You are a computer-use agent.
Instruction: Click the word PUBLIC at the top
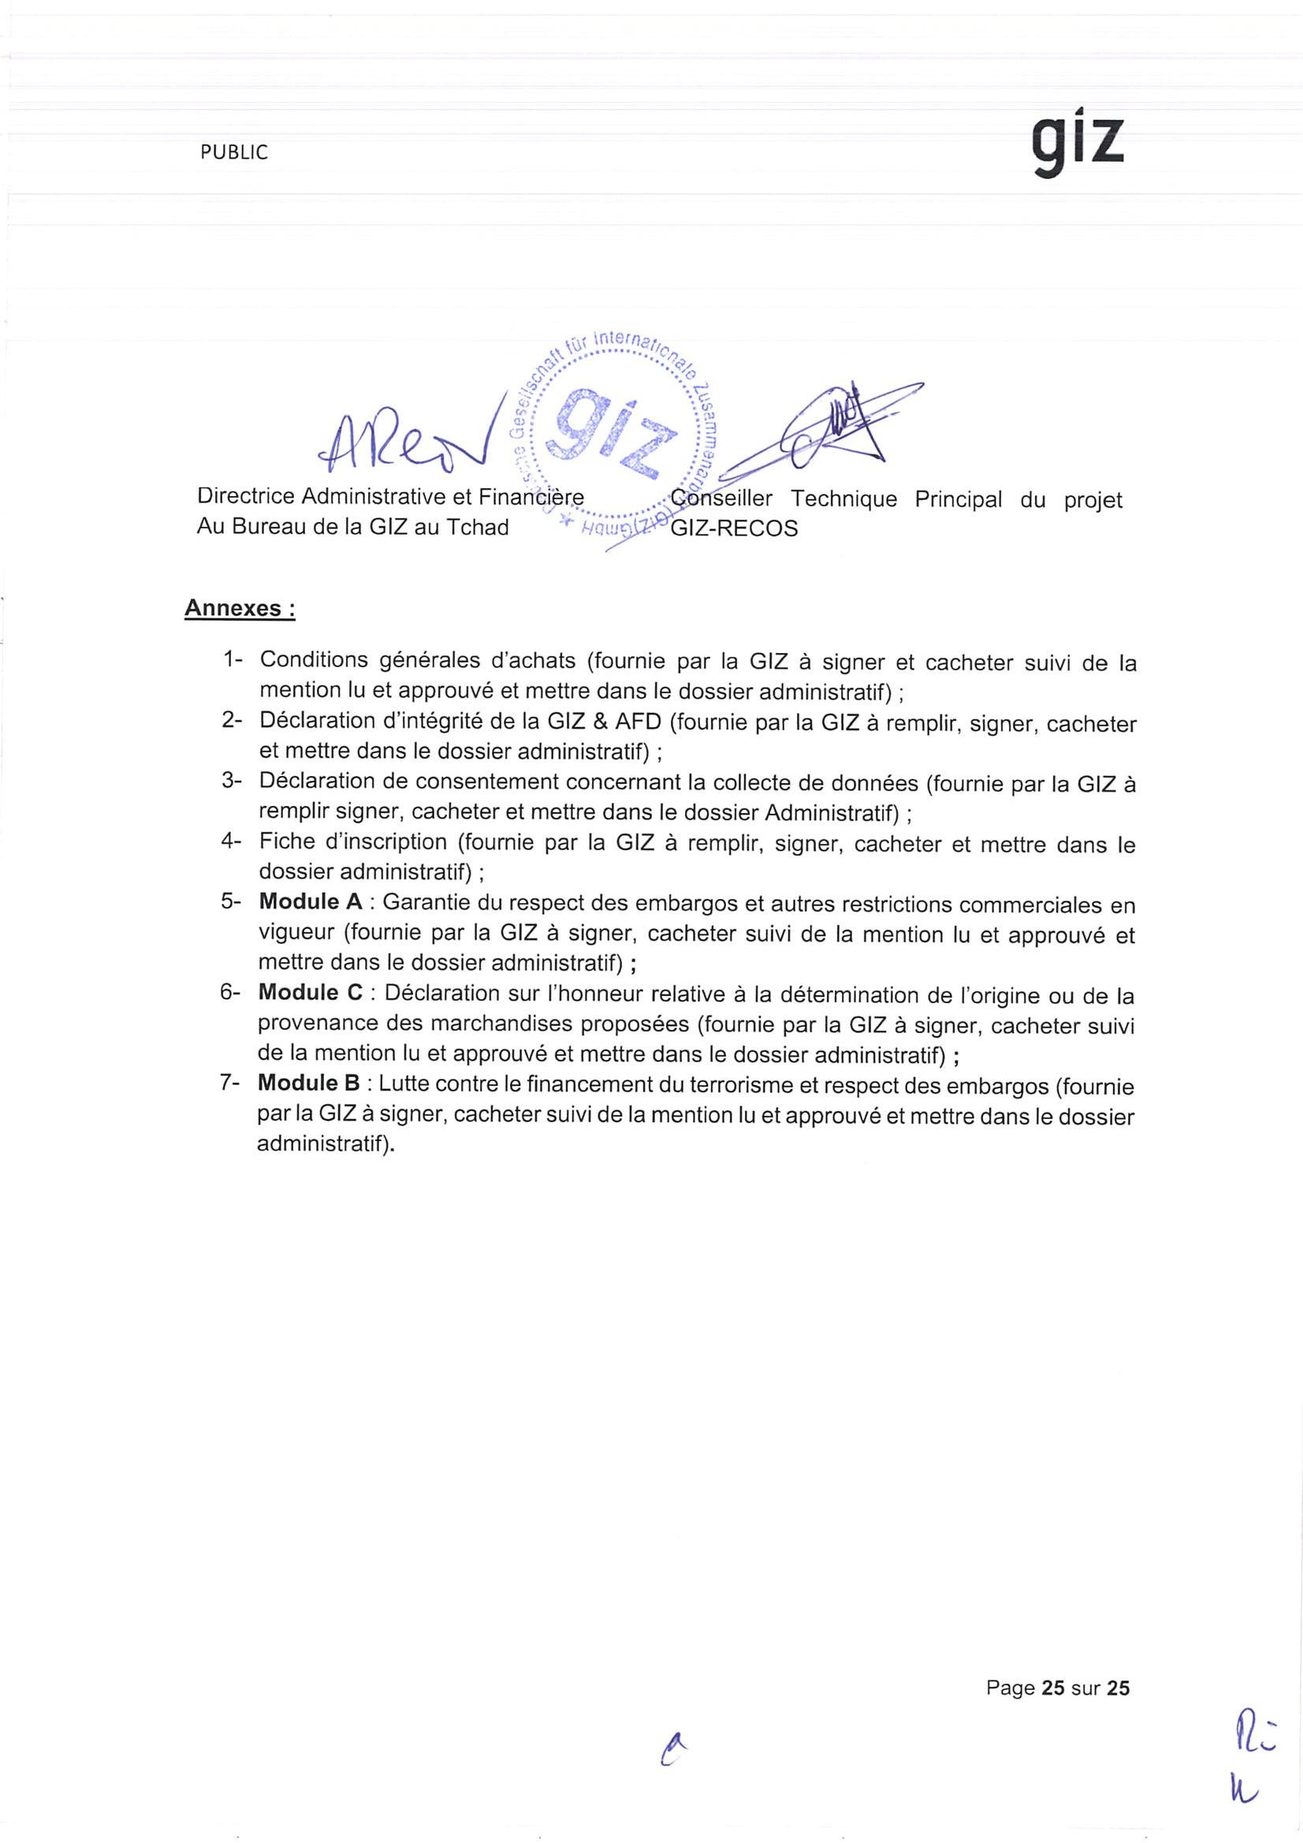point(234,152)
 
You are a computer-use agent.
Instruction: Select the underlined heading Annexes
point(240,609)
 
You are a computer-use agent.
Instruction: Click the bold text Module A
point(311,901)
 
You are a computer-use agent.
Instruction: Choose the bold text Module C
point(311,993)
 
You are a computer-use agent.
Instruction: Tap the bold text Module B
point(309,1084)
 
